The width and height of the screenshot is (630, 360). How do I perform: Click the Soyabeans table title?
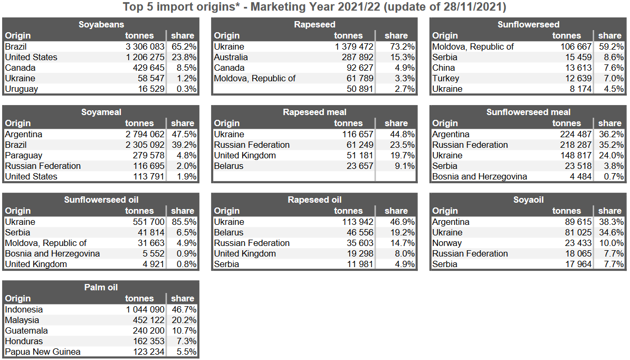coord(101,24)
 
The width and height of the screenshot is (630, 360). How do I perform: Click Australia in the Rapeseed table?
coord(231,57)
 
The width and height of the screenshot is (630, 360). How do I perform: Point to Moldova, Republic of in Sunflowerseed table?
coord(473,46)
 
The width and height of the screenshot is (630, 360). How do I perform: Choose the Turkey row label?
coord(445,78)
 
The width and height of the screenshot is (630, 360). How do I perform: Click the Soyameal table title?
coord(101,112)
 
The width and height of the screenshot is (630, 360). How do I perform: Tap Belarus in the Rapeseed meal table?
coord(228,166)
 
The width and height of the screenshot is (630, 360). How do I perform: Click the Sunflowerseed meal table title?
coord(528,112)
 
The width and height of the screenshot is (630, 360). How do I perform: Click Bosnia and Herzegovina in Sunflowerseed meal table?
coord(480,176)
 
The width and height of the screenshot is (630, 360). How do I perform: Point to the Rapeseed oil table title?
coord(314,200)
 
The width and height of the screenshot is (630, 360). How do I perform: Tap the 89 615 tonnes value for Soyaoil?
coord(577,222)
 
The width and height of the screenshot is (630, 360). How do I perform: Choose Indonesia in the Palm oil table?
coord(24,309)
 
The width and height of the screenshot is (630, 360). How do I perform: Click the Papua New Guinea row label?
coord(43,352)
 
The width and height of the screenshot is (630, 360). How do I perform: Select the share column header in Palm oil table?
coord(183,298)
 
